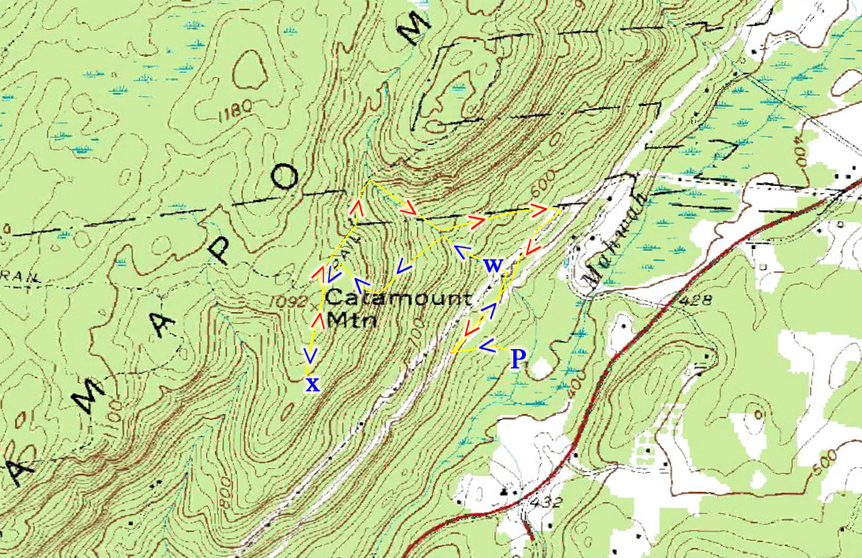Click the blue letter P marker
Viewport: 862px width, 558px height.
[x=517, y=359]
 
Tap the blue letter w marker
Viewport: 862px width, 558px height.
[x=493, y=266]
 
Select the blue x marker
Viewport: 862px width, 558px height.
[x=313, y=385]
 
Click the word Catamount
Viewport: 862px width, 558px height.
[x=399, y=299]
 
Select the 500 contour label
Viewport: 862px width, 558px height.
[x=828, y=464]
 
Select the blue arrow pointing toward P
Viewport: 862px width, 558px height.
[x=486, y=344]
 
